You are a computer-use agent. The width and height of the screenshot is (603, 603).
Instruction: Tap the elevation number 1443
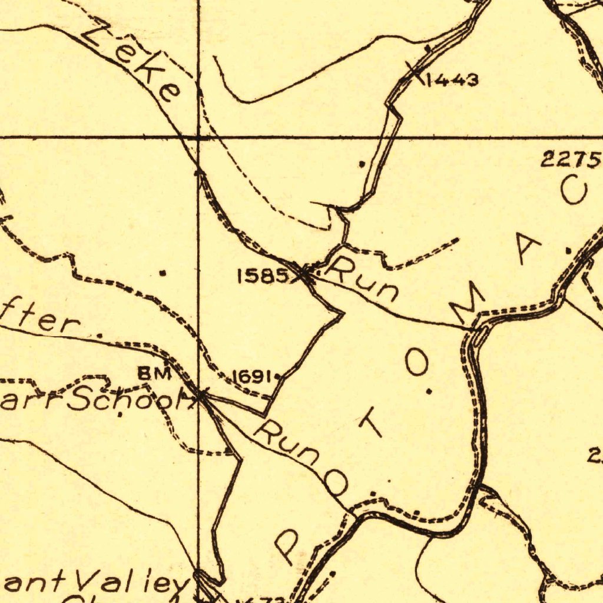[452, 79]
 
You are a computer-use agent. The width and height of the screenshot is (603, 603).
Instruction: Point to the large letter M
[466, 304]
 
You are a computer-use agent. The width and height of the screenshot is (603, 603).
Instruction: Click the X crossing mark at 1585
[304, 274]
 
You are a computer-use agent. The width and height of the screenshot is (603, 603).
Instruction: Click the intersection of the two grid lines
[198, 137]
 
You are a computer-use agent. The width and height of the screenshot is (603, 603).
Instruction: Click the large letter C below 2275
[574, 191]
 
